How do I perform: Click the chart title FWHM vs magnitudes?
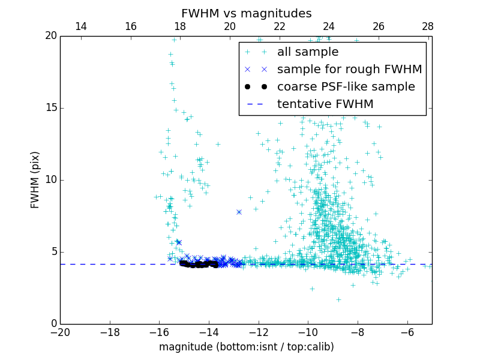[246, 13]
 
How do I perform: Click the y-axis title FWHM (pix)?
[35, 179]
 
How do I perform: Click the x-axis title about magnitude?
[246, 347]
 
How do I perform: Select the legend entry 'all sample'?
[308, 52]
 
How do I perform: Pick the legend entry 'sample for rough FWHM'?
[349, 70]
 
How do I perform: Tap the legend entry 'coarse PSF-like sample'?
[346, 87]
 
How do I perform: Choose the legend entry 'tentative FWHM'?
[325, 104]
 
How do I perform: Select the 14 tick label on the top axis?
[80, 26]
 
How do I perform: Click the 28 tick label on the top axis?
[428, 26]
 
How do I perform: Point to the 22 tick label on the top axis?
[279, 26]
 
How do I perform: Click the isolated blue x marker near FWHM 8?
[239, 212]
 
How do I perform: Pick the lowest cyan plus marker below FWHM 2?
[338, 299]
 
